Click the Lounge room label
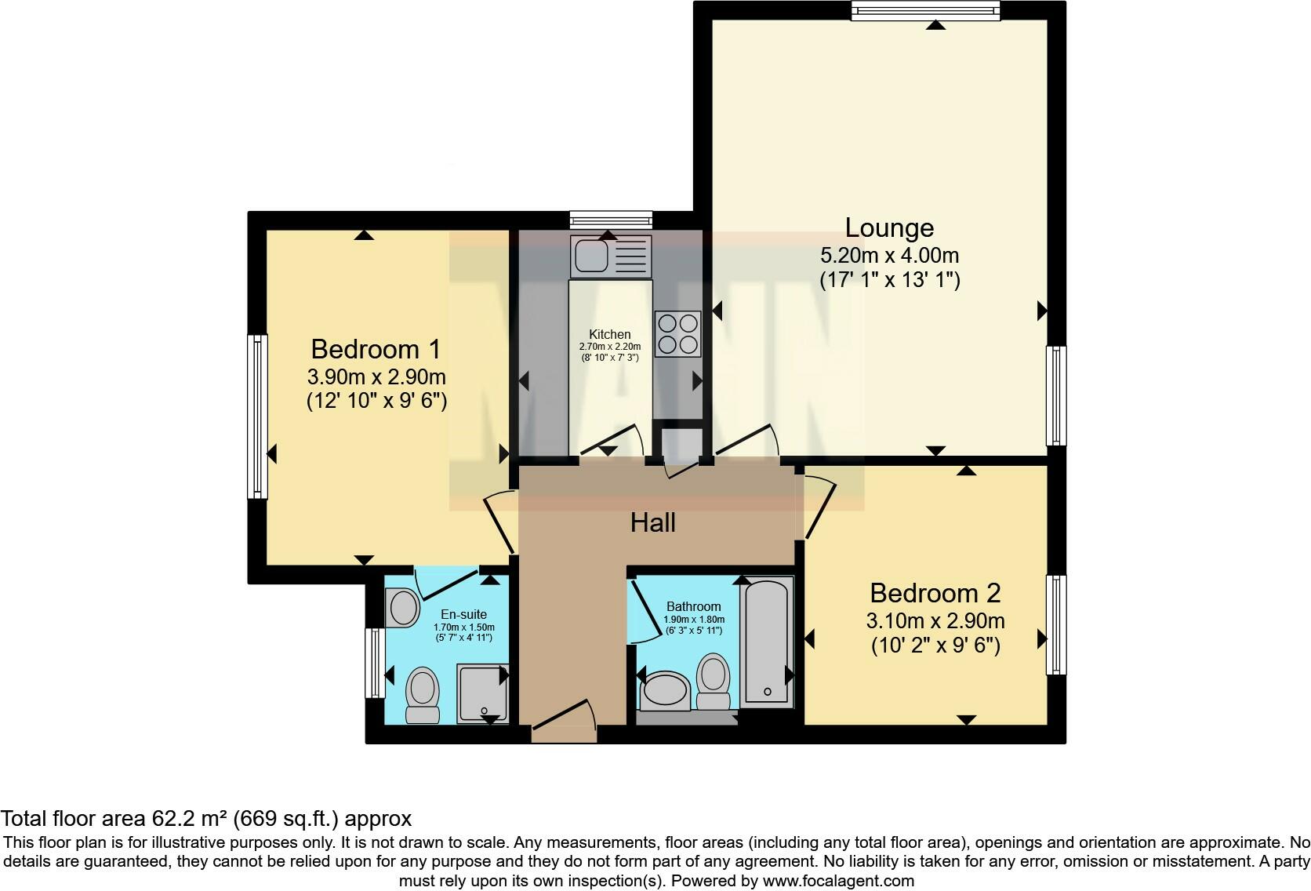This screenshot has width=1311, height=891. pos(889,227)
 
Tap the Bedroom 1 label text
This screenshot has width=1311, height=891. pos(376,349)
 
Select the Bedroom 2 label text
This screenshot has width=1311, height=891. pos(935,593)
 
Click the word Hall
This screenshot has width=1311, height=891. pos(652,523)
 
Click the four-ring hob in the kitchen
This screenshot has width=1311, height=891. pos(677,334)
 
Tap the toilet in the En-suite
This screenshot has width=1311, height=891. pos(422,694)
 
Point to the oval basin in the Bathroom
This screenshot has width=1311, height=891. pos(665,690)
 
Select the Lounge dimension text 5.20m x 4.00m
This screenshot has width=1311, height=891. pos(889,256)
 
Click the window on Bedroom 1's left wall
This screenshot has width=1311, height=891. pos(257,416)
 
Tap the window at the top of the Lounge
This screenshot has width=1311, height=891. pos(925,9)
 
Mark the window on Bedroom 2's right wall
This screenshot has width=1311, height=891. pos(1056,625)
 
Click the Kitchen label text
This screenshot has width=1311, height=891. pos(609,334)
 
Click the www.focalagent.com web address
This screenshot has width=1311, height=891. pos(837,880)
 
